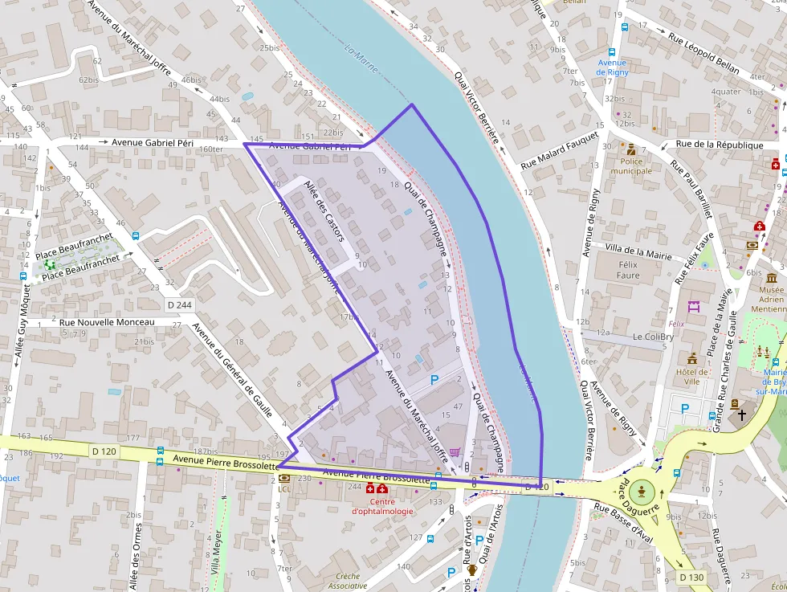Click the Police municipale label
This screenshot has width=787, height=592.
(631, 165)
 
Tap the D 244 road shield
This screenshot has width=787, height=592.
(180, 305)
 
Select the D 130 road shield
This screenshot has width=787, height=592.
(691, 577)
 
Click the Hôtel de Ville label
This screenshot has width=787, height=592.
(692, 376)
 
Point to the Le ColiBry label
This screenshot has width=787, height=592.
(653, 337)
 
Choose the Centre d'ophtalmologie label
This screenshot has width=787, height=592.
(382, 506)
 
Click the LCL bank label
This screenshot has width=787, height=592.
(284, 488)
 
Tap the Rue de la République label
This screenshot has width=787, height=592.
(720, 145)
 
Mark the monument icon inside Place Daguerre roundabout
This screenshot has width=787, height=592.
(642, 489)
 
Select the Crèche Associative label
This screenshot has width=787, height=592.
(348, 581)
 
